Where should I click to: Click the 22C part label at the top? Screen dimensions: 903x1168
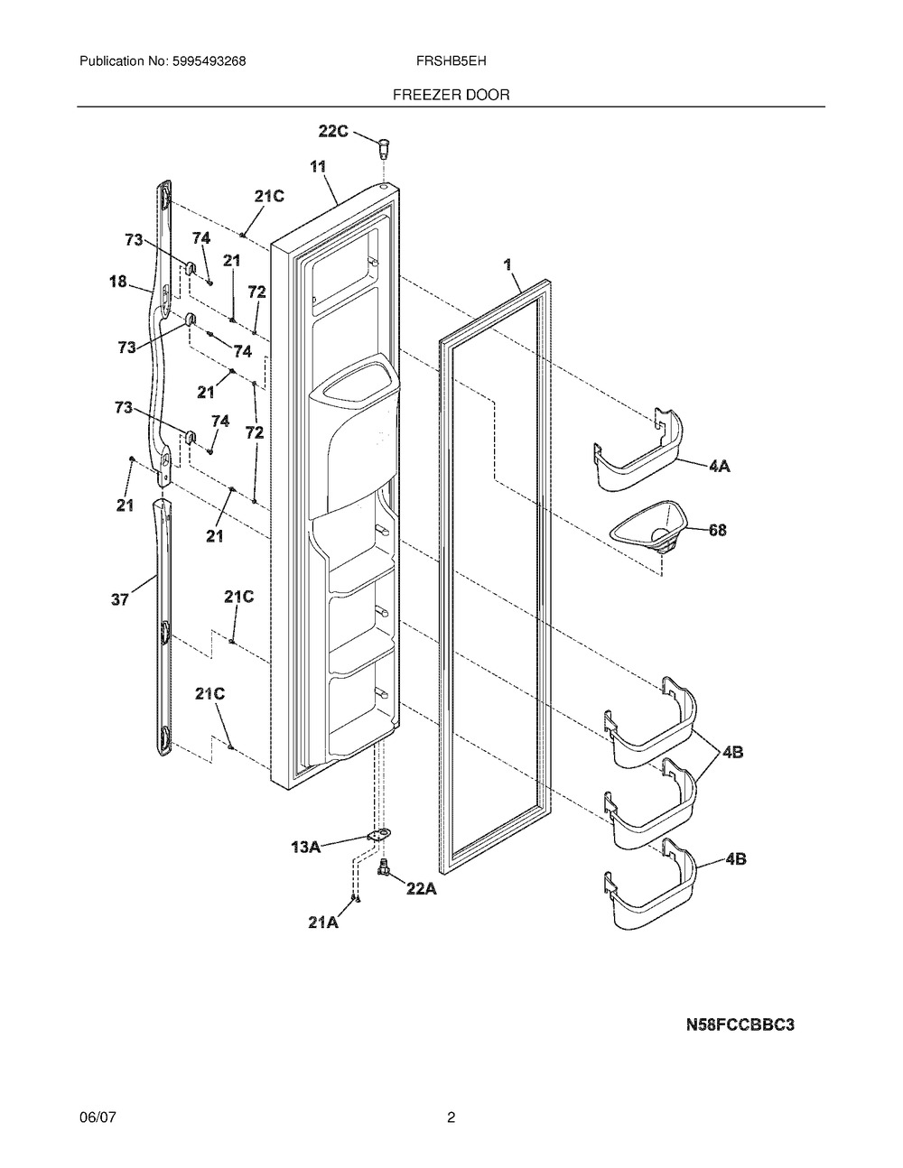(333, 131)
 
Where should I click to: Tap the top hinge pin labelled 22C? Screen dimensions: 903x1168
(383, 147)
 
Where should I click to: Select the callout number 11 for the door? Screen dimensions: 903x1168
(318, 167)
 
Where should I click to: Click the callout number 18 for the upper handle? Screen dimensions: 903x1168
(118, 281)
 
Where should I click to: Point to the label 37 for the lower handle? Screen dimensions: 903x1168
(120, 598)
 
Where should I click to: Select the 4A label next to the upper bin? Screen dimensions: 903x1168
(719, 466)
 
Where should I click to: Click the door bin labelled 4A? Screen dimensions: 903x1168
(638, 450)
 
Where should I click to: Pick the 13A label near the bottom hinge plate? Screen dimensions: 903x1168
(306, 848)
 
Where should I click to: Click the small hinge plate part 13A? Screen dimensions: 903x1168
(379, 835)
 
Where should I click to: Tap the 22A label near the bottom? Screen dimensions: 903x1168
(421, 890)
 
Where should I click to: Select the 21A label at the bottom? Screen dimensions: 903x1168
(323, 922)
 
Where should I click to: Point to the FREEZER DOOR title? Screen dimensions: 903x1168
(451, 95)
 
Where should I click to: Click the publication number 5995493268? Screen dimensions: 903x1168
(209, 61)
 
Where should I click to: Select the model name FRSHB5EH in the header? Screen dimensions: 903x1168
(451, 61)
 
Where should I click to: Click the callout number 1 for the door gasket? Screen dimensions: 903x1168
(507, 264)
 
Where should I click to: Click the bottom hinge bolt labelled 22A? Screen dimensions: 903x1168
(383, 867)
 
